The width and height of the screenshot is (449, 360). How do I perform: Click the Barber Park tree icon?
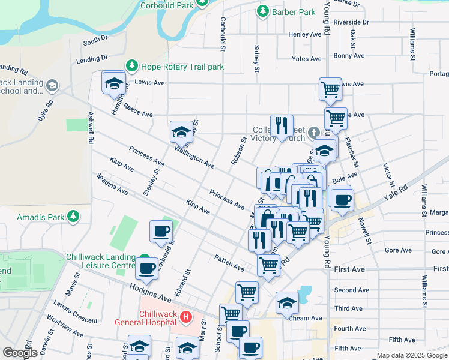[x=262, y=11]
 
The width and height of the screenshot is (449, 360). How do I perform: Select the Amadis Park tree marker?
[x=73, y=215]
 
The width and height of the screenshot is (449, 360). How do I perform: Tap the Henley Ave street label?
[x=306, y=34]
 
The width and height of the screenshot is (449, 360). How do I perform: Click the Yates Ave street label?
[x=307, y=59]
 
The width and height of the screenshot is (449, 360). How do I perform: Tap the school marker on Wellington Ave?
[x=181, y=131]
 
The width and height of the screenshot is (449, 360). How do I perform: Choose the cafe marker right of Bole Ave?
[x=342, y=199]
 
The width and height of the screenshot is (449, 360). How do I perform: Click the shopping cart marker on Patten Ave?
[x=268, y=264]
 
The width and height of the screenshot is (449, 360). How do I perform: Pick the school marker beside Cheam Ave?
[x=287, y=303]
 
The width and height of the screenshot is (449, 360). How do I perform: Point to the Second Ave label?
[x=348, y=290]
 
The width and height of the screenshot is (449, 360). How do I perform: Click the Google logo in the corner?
[x=20, y=353]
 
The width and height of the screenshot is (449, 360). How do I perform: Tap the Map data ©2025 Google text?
[x=411, y=355]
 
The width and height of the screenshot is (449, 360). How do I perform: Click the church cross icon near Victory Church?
[x=313, y=131]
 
